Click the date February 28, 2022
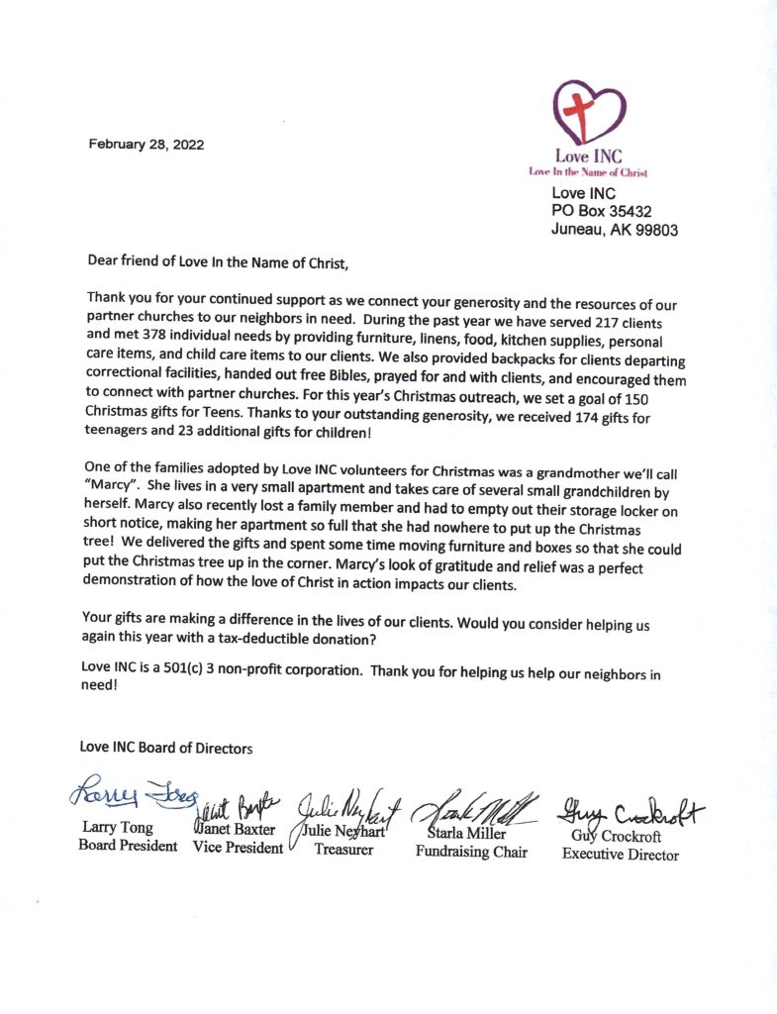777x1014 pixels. [x=146, y=145]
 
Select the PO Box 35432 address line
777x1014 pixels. [x=601, y=211]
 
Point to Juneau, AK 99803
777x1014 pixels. [x=614, y=230]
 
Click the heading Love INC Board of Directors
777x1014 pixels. [x=166, y=749]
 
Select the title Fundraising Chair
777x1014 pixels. [x=471, y=851]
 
